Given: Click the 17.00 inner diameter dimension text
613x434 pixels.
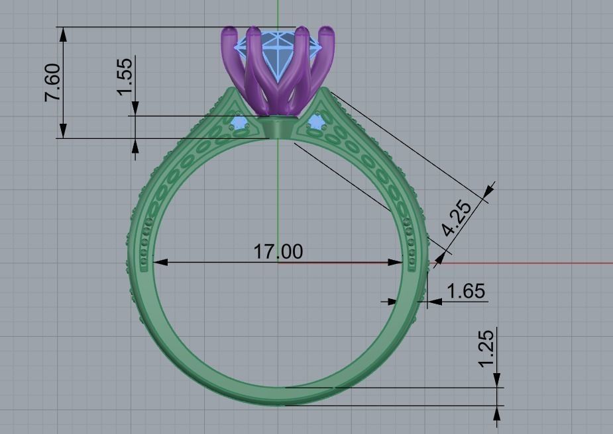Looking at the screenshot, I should pyautogui.click(x=278, y=251).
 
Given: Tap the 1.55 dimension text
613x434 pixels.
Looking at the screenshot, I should pyautogui.click(x=125, y=75).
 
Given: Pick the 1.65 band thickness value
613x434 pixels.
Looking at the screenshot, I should pyautogui.click(x=466, y=291).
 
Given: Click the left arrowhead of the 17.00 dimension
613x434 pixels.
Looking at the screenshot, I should pyautogui.click(x=160, y=262).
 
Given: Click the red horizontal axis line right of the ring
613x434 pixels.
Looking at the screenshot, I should pyautogui.click(x=530, y=263).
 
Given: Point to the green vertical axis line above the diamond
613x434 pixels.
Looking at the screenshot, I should pyautogui.click(x=278, y=13).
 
